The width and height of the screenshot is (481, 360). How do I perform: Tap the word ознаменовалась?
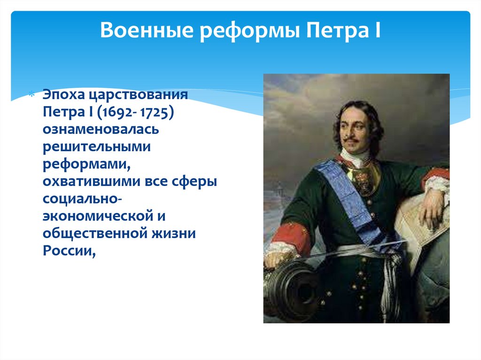point(101,130)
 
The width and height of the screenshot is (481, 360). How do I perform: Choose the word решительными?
point(97,147)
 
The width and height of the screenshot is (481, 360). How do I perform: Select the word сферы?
point(195,182)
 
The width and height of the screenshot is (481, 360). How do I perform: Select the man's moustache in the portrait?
point(352,140)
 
